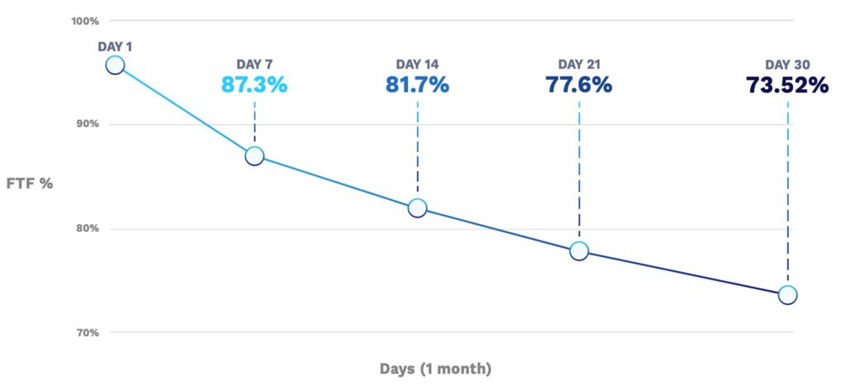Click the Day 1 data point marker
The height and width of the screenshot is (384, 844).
pos(115,65)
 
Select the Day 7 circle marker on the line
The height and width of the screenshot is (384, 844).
pos(255,156)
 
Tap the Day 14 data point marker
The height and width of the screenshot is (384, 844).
pos(417,208)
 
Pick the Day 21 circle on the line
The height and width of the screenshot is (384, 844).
pos(579,251)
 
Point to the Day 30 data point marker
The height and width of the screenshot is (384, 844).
pos(788,294)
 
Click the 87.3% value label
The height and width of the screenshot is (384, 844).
pos(255,85)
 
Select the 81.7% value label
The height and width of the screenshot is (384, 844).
pos(417,85)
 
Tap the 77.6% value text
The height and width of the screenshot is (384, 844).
pos(579,85)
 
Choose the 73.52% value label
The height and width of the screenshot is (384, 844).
pos(787,85)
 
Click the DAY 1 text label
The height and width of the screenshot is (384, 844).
pos(115,46)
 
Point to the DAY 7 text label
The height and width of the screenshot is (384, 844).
pos(255,64)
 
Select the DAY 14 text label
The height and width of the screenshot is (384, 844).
pos(417,64)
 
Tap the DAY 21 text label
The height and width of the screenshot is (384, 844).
pos(579,64)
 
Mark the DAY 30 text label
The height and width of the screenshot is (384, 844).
pos(787,64)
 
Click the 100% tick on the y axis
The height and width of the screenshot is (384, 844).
pos(85,20)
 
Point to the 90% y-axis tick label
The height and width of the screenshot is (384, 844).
pos(87,124)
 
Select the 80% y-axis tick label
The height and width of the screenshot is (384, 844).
pos(87,228)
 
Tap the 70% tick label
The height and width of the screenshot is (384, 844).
pos(87,332)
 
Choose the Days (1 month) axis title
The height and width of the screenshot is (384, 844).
pos(435,368)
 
